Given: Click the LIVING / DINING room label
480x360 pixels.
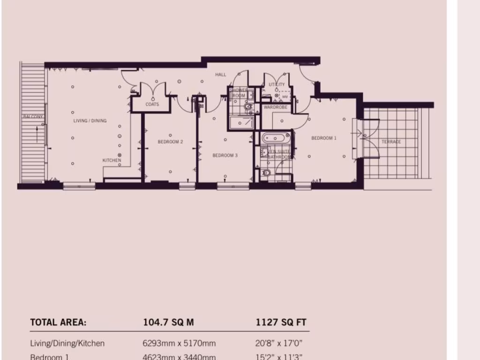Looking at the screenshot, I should tap(90, 121).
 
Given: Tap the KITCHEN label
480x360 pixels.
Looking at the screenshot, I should tap(112, 160).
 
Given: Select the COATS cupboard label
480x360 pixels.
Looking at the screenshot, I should tap(152, 105).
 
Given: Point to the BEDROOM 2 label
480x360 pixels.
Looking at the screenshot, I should tap(170, 142).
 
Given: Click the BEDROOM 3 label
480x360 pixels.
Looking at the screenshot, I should tap(225, 155).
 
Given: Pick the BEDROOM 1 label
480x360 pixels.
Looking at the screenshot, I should tap(324, 138).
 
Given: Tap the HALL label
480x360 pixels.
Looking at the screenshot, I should tap(220, 75).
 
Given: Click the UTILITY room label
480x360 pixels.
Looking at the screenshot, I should tap(277, 85).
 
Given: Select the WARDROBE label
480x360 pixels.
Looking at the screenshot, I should tap(275, 107).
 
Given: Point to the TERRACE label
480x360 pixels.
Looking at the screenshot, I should tap(391, 142).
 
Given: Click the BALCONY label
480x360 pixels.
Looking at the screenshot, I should tap(33, 116).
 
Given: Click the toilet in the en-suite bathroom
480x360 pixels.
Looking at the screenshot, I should tap(266, 173).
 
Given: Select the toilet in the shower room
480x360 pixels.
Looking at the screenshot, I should tap(249, 108).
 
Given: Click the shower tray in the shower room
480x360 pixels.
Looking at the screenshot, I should tap(241, 124).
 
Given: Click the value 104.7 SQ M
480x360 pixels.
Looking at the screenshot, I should tap(168, 322).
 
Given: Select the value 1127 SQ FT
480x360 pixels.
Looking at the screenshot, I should tap(281, 322).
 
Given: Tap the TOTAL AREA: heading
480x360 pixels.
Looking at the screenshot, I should tap(58, 322).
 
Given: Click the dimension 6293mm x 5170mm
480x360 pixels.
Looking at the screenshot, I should tap(179, 344).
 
